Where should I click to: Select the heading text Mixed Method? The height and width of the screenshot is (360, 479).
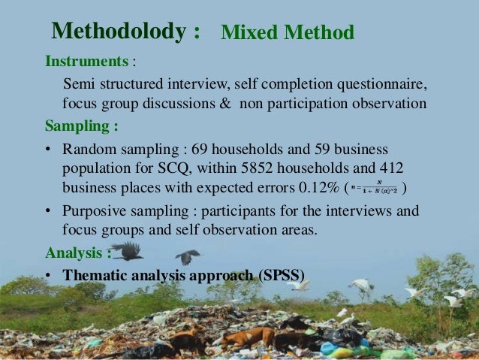pos(287,33)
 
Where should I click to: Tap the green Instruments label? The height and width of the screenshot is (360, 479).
pos(86,59)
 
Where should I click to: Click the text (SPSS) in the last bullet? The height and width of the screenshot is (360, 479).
pos(281,275)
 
